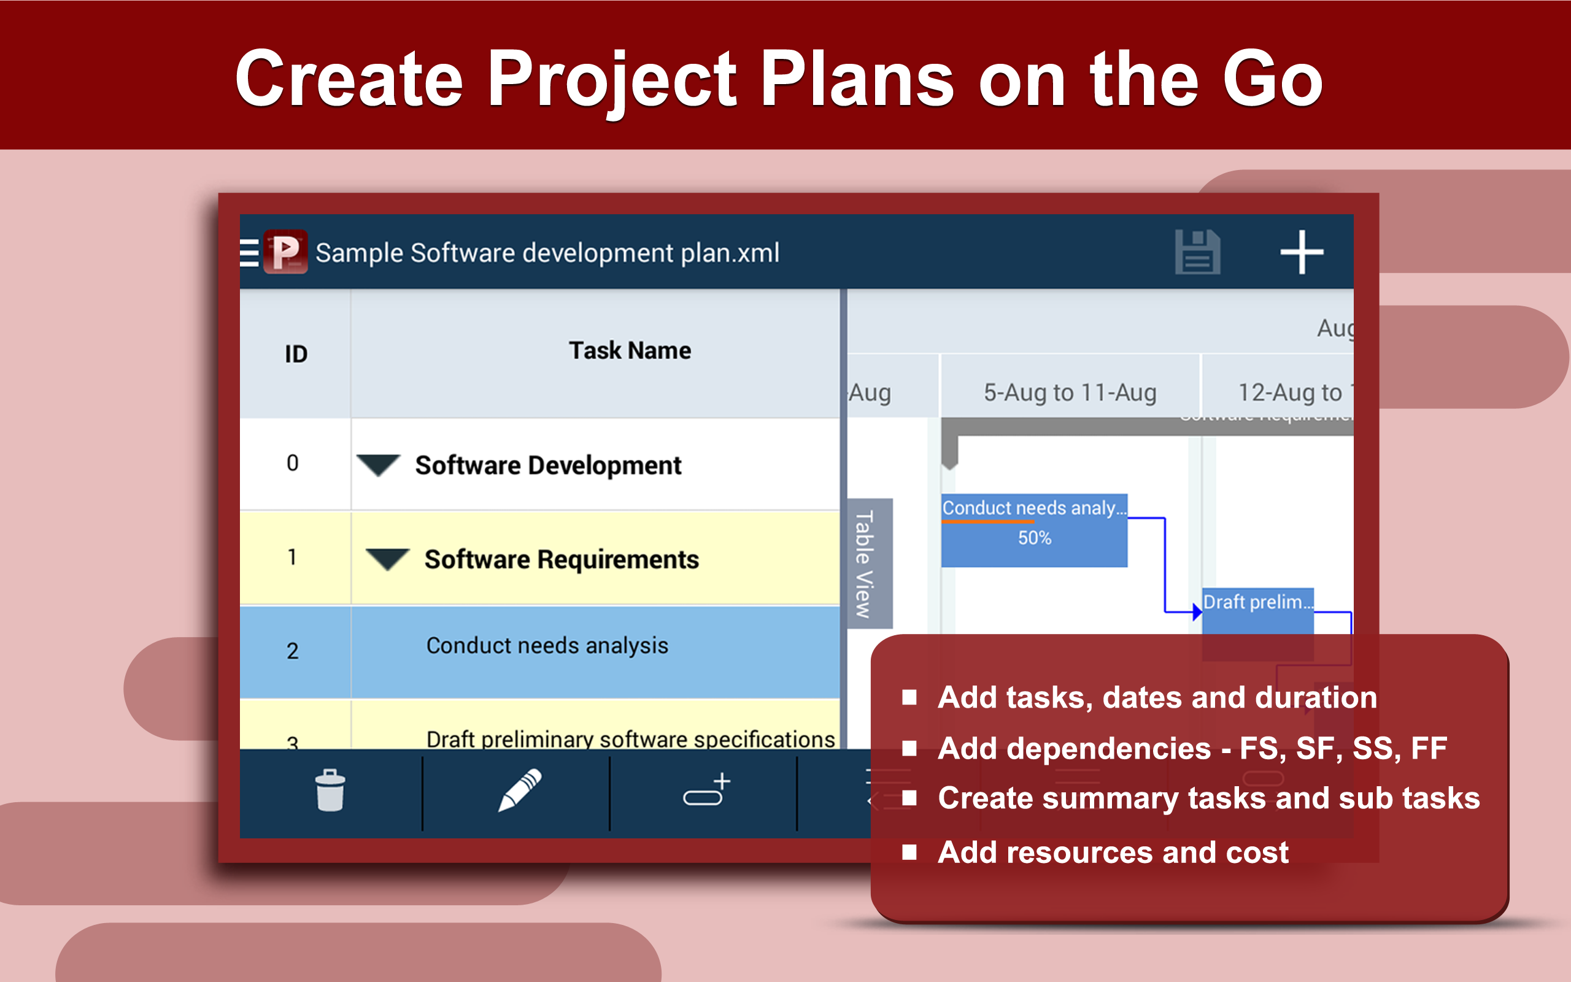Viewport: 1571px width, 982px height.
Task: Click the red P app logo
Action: click(x=285, y=252)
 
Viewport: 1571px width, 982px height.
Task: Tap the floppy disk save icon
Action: click(x=1197, y=252)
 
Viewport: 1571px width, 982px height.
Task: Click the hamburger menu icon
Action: click(x=249, y=253)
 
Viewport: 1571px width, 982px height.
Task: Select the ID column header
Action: click(x=296, y=354)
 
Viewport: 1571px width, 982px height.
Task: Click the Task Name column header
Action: click(x=630, y=351)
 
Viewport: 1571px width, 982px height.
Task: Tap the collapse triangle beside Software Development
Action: click(x=379, y=465)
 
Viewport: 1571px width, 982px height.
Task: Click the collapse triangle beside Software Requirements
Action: click(x=388, y=559)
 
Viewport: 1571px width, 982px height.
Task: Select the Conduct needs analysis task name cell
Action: click(x=547, y=646)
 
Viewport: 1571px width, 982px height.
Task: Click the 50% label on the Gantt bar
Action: click(x=1034, y=538)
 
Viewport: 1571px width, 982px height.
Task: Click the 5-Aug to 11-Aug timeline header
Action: click(x=1070, y=393)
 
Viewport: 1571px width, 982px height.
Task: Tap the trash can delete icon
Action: click(x=330, y=791)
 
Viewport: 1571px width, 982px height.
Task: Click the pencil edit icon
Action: click(x=519, y=791)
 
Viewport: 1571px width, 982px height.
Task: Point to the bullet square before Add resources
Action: click(x=909, y=852)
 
